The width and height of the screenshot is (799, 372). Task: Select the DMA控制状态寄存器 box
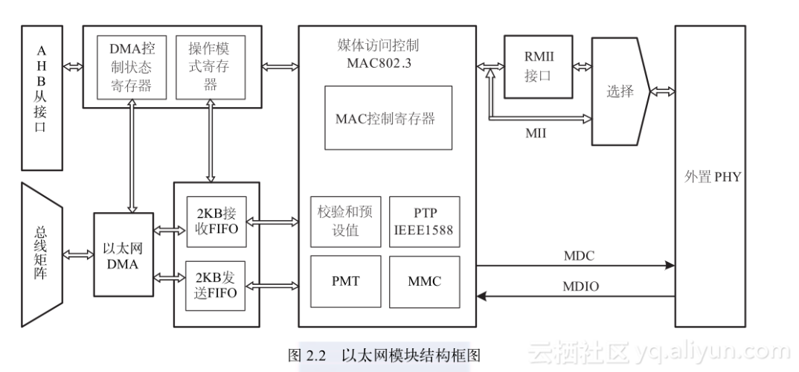tap(131, 67)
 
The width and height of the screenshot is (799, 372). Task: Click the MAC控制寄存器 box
tap(388, 118)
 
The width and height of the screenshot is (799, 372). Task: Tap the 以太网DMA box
tap(123, 254)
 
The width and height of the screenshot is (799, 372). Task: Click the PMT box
tap(345, 281)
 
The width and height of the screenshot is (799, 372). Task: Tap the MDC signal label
tap(580, 256)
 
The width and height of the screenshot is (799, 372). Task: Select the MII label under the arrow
tap(536, 133)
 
